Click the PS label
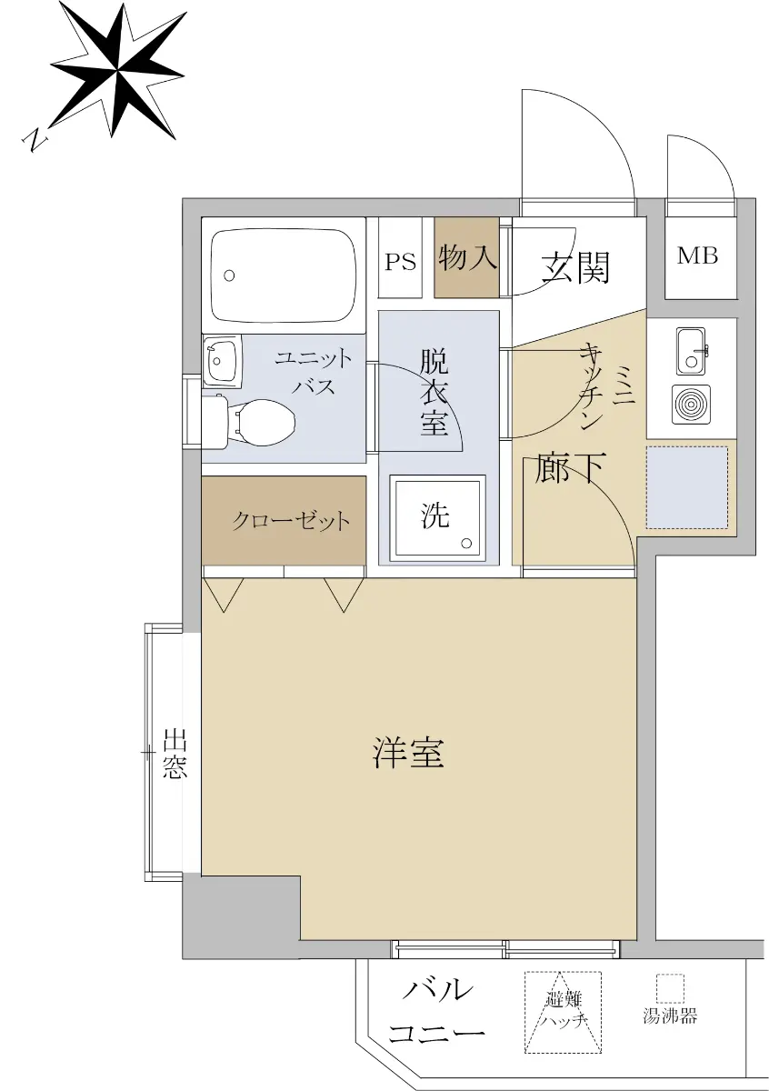[x=400, y=262]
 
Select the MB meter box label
[x=697, y=255]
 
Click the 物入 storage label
[x=467, y=257]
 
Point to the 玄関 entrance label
[x=575, y=267]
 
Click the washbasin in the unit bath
[x=221, y=362]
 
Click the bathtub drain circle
[x=229, y=275]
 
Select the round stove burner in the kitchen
[x=691, y=405]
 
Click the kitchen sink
[x=691, y=351]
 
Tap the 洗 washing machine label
[x=434, y=515]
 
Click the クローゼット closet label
[x=291, y=522]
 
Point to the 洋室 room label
[x=408, y=753]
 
